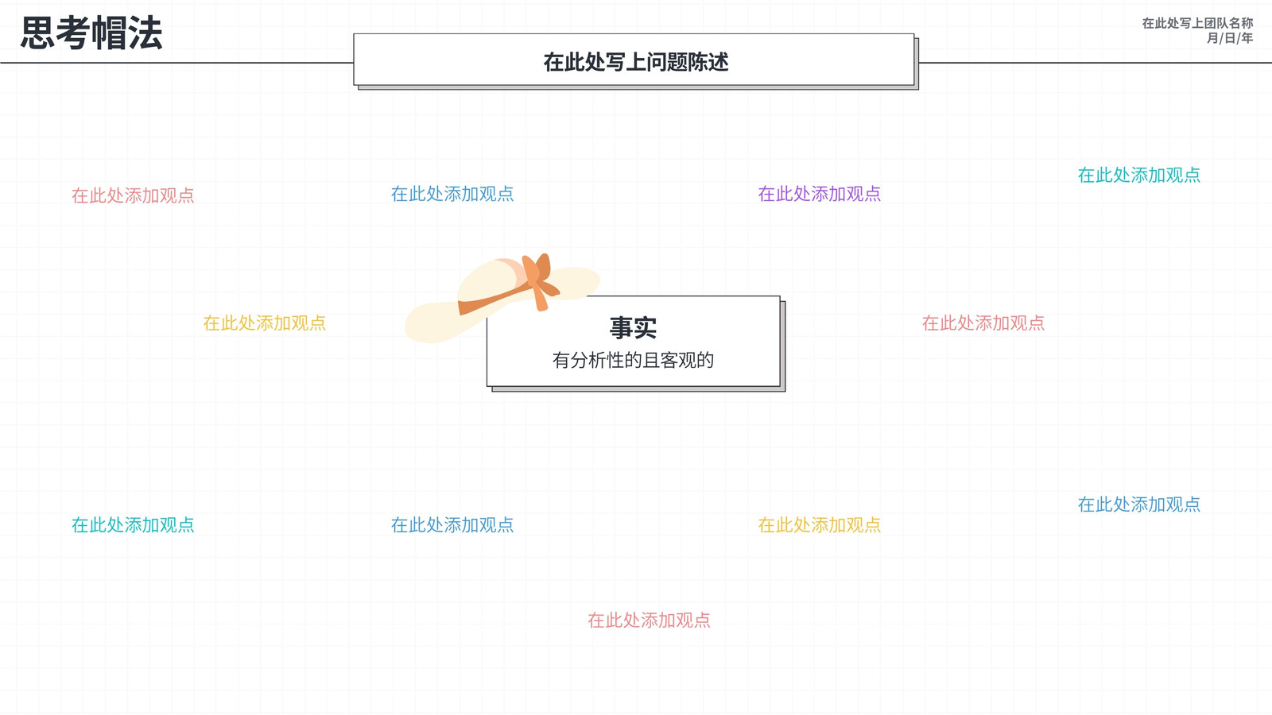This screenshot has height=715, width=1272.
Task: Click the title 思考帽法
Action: [x=91, y=33]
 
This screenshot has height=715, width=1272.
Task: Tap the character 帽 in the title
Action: [x=109, y=33]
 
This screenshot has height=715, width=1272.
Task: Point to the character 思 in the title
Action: [x=38, y=33]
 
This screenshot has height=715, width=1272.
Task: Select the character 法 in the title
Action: [x=145, y=33]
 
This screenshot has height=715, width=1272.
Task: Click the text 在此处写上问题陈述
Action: [x=635, y=62]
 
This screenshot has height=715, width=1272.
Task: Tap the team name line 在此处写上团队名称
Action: [x=1197, y=23]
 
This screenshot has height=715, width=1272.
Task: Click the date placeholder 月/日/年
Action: [x=1229, y=38]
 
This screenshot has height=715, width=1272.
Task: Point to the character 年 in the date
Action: [x=1247, y=38]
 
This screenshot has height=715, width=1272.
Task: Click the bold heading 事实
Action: [x=633, y=327]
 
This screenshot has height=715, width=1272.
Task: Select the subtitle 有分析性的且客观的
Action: [x=633, y=360]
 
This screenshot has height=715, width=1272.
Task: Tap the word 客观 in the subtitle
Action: [x=678, y=360]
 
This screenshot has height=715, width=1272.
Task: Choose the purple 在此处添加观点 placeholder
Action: [x=819, y=194]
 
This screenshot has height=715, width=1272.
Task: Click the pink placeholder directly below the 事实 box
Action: [x=649, y=620]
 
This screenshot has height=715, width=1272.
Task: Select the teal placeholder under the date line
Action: [x=1138, y=176]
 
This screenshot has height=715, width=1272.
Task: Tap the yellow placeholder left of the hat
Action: [x=264, y=323]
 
